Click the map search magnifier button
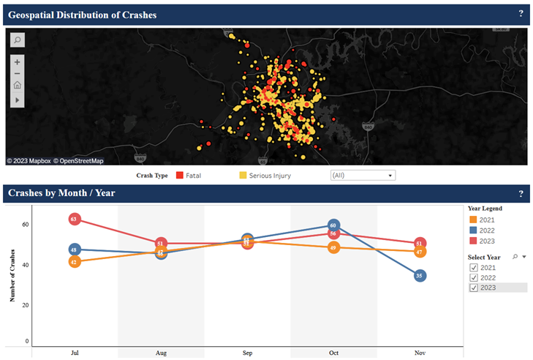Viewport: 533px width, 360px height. click(x=17, y=40)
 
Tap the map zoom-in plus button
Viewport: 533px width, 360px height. click(x=17, y=61)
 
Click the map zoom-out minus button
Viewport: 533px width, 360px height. click(x=17, y=73)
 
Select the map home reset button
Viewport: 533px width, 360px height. click(x=17, y=85)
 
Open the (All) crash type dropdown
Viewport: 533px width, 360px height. click(x=363, y=176)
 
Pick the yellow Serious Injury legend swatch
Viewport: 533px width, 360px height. click(x=243, y=176)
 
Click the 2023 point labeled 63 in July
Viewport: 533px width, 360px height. click(x=74, y=219)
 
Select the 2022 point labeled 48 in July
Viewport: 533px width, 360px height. click(x=74, y=250)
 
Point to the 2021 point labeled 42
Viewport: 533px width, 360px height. click(x=74, y=261)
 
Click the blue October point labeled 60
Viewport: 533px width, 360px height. click(x=333, y=225)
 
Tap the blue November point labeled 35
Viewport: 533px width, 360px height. click(x=420, y=276)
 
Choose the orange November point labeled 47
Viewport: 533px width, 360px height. click(x=420, y=252)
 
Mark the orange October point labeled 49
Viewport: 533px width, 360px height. click(x=333, y=248)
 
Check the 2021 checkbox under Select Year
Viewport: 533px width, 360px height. click(x=473, y=268)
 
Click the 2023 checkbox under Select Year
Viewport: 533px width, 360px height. click(x=473, y=288)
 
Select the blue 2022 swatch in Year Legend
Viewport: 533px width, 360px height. click(x=473, y=230)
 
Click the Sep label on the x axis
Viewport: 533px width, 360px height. click(x=247, y=353)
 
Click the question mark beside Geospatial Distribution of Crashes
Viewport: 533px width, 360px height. click(x=521, y=13)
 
